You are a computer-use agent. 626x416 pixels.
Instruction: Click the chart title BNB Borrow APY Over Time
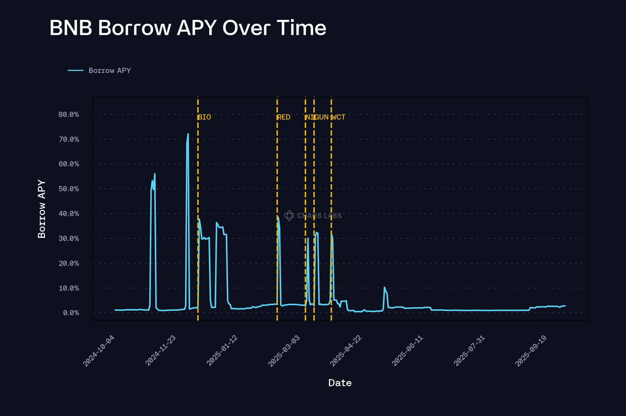pyautogui.click(x=187, y=28)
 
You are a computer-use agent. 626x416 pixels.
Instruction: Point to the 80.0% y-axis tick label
pyautogui.click(x=68, y=115)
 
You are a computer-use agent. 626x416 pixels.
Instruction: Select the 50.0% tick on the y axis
pyautogui.click(x=68, y=189)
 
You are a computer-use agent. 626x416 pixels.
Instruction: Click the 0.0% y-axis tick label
pyautogui.click(x=71, y=313)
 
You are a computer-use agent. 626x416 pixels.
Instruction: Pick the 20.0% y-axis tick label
pyautogui.click(x=68, y=263)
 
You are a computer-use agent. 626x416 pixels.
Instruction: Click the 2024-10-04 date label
pyautogui.click(x=99, y=351)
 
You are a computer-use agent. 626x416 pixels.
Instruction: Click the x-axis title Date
pyautogui.click(x=340, y=383)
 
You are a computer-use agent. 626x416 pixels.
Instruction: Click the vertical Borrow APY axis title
pyautogui.click(x=42, y=209)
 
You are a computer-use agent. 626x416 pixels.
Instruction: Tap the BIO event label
pyautogui.click(x=205, y=117)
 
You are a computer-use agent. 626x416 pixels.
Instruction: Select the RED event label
pyautogui.click(x=284, y=117)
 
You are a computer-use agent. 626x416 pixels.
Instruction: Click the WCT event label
pyautogui.click(x=338, y=117)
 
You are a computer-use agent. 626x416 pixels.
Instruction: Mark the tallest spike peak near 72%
pyautogui.click(x=188, y=134)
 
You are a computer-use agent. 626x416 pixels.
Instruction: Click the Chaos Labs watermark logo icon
pyautogui.click(x=289, y=216)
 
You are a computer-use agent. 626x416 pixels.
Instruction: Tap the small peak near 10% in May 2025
pyautogui.click(x=384, y=287)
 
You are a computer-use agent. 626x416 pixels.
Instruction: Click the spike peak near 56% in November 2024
pyautogui.click(x=155, y=174)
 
